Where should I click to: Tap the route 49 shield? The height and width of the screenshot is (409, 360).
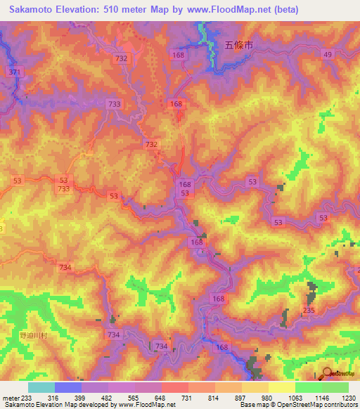pos(328,55)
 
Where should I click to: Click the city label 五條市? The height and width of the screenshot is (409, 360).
pos(238,44)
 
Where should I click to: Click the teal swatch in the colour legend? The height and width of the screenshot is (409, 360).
pos(41,388)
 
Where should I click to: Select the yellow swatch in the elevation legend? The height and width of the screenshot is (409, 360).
pos(281,388)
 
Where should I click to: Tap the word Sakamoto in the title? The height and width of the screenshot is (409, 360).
pos(32,10)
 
